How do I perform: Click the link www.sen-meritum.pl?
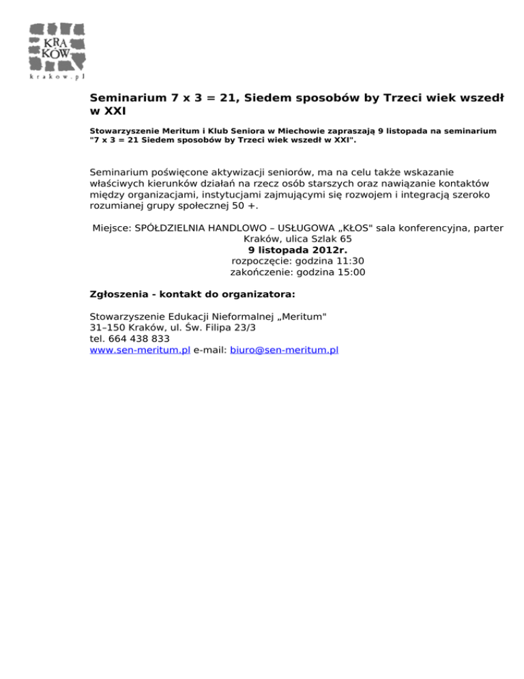(139, 350)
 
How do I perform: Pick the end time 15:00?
(350, 272)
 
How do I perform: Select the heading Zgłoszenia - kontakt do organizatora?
(192, 296)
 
